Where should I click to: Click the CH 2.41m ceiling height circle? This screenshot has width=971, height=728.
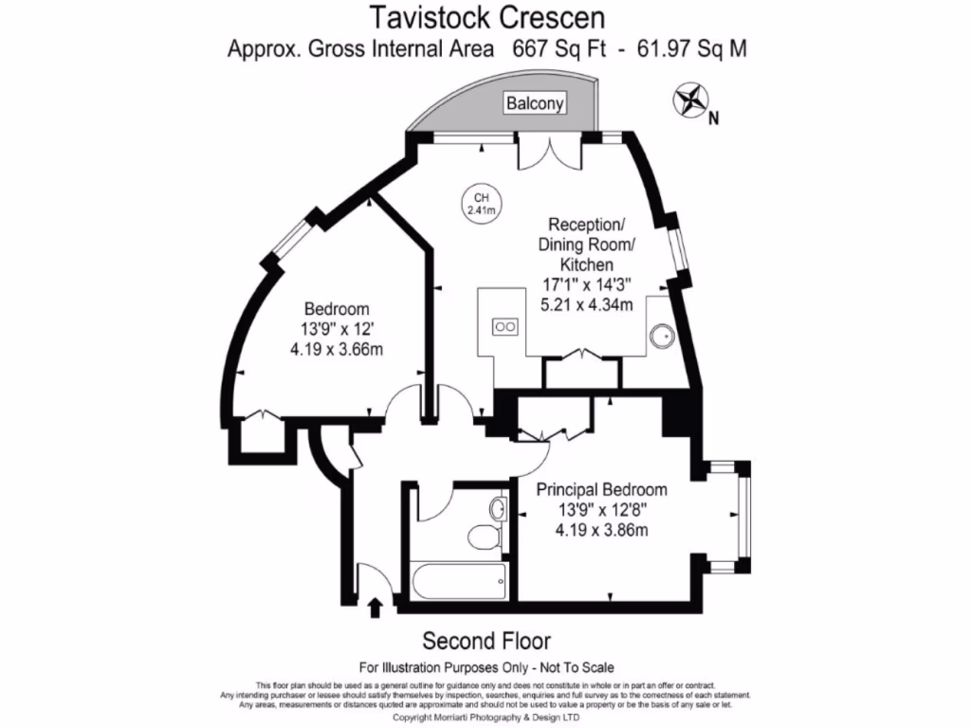[481, 204]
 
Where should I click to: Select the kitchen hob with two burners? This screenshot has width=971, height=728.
[505, 327]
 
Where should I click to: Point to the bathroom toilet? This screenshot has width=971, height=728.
[483, 538]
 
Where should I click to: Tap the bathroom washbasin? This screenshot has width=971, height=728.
[497, 508]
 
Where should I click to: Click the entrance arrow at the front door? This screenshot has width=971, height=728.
[376, 607]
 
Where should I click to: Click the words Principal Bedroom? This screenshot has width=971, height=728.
[601, 490]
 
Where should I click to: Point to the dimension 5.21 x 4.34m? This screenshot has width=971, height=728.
[586, 304]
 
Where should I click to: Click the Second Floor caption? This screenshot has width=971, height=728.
[486, 640]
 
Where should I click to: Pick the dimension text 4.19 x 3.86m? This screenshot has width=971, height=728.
[601, 530]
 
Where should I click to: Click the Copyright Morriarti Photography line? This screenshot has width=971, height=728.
[485, 718]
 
